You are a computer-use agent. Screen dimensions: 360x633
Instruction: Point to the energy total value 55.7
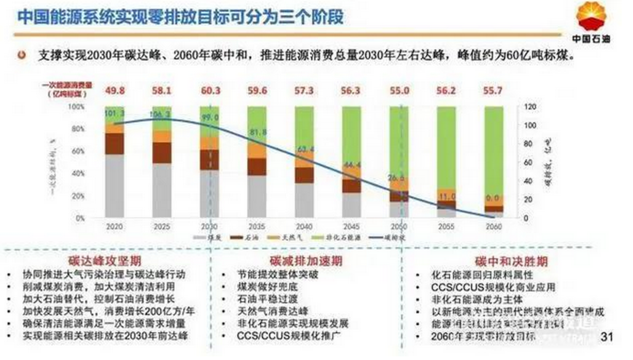pos(494,91)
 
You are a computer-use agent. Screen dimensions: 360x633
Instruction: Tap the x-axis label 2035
pos(257,226)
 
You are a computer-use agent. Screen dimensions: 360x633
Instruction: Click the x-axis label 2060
pos(494,226)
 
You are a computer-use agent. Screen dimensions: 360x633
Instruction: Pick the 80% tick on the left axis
pos(77,129)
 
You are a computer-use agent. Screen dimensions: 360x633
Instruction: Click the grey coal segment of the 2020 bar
pos(115,185)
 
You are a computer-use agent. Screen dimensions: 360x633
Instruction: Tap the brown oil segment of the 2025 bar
pos(162,153)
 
